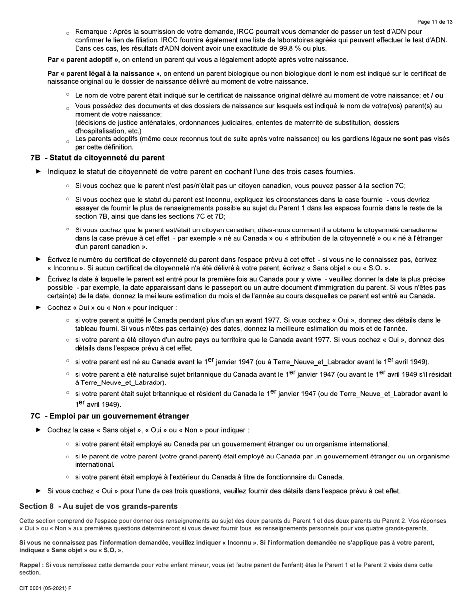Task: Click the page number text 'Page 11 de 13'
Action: [435, 22]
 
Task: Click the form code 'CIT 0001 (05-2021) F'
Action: [45, 589]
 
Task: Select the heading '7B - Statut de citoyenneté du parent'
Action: [97, 158]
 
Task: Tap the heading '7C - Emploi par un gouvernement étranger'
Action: [109, 416]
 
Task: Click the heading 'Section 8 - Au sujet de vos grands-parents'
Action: [98, 506]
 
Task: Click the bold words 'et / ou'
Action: [433, 95]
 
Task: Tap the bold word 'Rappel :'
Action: [31, 565]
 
